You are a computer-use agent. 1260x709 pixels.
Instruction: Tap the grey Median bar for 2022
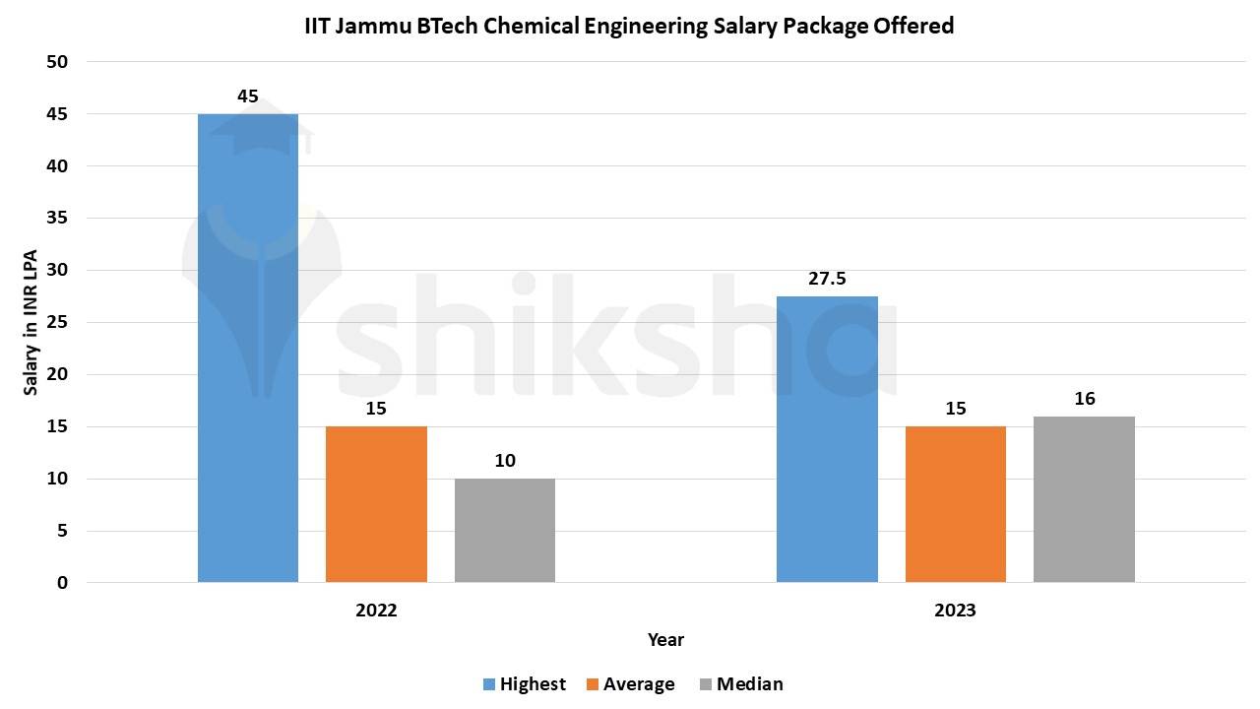[505, 531]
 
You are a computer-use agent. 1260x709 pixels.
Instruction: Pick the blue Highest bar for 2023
[827, 439]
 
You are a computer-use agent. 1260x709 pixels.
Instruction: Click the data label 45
[248, 97]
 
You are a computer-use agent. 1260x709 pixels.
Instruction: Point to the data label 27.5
[827, 279]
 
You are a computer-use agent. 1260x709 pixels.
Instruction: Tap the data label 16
[1085, 399]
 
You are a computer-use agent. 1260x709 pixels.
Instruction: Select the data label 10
[505, 461]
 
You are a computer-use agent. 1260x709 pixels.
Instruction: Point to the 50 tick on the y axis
[57, 62]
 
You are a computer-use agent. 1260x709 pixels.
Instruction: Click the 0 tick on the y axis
[63, 583]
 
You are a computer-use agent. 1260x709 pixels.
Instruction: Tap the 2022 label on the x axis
[376, 611]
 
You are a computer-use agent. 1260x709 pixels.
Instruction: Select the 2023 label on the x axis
[955, 611]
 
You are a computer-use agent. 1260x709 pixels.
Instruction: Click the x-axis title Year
[665, 640]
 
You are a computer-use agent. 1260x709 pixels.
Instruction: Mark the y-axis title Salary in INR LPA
[31, 322]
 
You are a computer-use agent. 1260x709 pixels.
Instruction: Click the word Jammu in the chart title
[374, 27]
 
